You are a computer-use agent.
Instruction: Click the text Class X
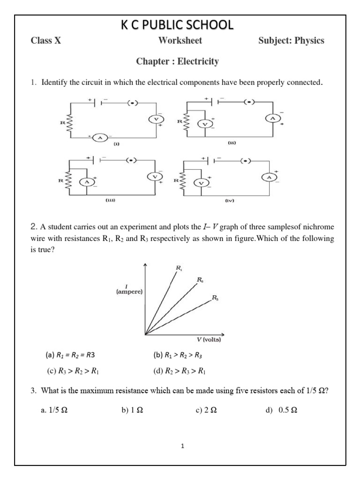[45, 41]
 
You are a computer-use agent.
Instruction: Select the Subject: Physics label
[291, 41]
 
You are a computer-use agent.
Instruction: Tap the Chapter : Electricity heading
[177, 61]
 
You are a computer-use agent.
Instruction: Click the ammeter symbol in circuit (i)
[99, 137]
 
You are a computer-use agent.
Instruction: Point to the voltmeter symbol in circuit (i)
[155, 120]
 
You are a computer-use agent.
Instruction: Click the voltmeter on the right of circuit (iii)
[155, 177]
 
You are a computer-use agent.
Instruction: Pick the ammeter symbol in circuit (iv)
[269, 177]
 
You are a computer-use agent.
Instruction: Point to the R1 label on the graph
[180, 268]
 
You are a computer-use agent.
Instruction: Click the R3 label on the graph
[215, 298]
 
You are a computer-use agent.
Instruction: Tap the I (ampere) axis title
[127, 289]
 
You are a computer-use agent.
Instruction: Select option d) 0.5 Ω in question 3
[281, 410]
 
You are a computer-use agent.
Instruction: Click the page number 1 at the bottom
[183, 446]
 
